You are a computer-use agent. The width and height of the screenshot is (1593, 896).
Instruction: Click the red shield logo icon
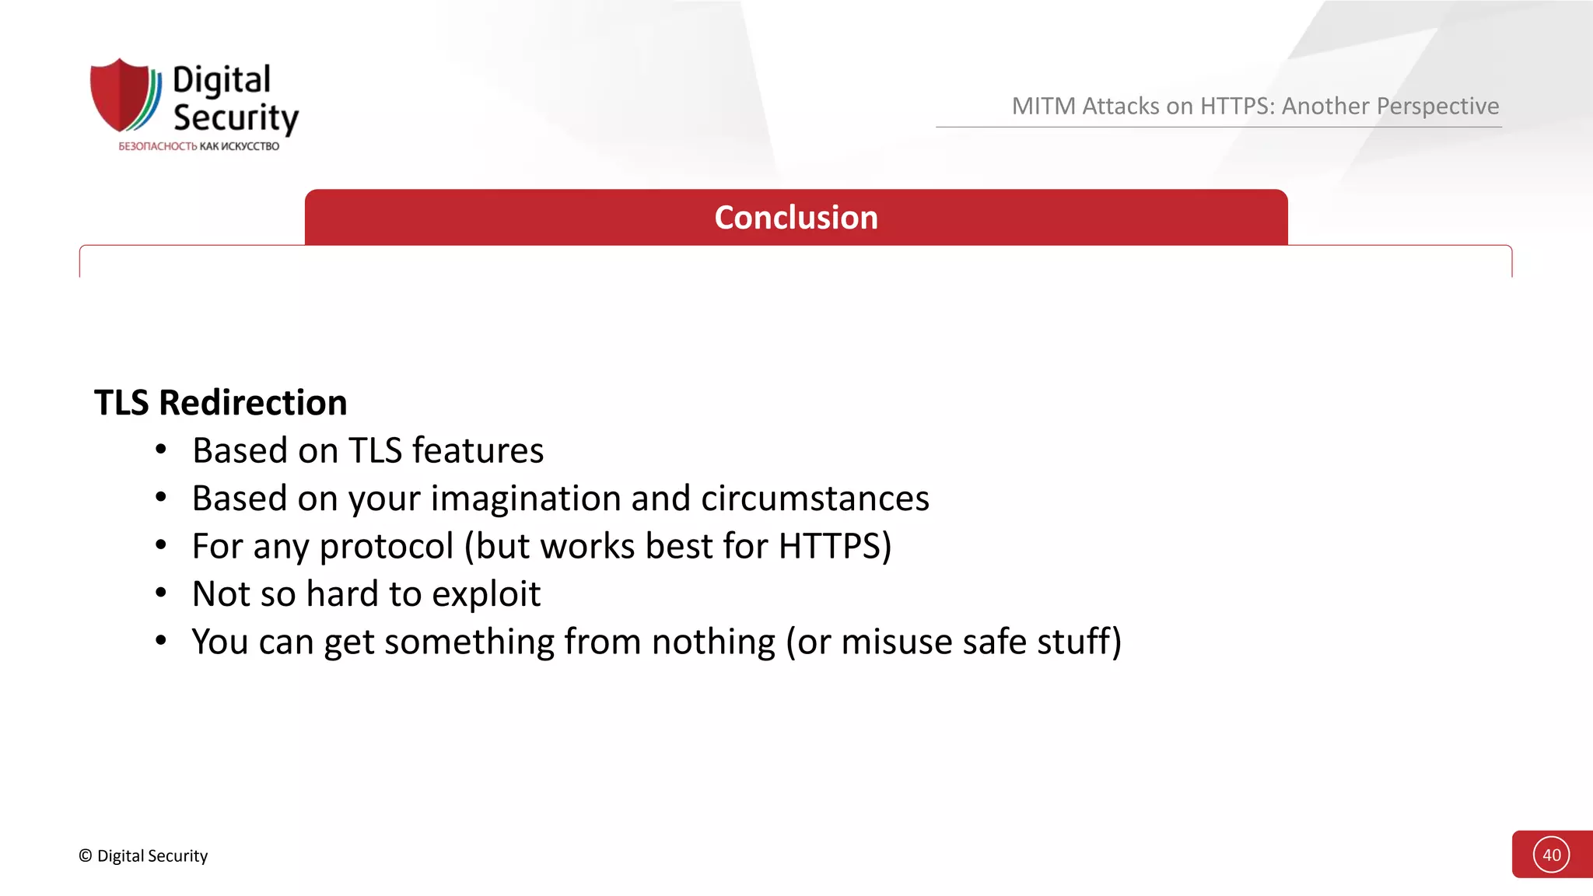tap(121, 94)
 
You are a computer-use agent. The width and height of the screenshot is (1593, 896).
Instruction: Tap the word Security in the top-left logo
tap(236, 117)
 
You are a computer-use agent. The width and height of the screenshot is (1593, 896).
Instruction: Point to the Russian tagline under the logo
tap(198, 146)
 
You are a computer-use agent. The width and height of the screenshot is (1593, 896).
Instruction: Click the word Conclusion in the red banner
tap(796, 218)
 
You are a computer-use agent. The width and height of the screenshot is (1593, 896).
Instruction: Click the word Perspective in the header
tap(1437, 106)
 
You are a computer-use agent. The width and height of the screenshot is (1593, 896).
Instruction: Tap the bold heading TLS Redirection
tap(221, 403)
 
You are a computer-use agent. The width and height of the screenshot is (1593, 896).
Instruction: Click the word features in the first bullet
tap(478, 450)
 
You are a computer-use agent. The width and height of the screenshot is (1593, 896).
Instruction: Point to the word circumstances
tap(814, 499)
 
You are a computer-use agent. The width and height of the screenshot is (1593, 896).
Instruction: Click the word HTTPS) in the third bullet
tap(835, 546)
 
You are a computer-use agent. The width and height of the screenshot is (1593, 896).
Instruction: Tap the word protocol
tap(387, 546)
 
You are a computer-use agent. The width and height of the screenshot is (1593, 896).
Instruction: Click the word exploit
tap(485, 594)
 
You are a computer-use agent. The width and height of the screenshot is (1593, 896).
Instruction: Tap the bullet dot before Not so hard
tap(161, 593)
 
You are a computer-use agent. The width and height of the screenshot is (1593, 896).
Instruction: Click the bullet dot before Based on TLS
tap(161, 450)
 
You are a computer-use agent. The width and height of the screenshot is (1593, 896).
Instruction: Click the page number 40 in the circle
tap(1551, 855)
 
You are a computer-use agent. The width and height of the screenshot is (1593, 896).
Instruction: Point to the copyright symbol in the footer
tap(86, 856)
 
